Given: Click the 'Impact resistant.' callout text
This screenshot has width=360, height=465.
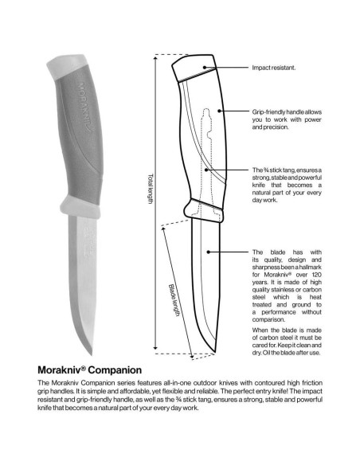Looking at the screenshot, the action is pos(275,68).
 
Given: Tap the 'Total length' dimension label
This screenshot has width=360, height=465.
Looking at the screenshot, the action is pos(149,190).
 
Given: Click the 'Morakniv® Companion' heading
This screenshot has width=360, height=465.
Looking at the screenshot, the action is pos(90,369).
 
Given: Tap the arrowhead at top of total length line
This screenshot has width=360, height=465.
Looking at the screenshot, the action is pos(155,56).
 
